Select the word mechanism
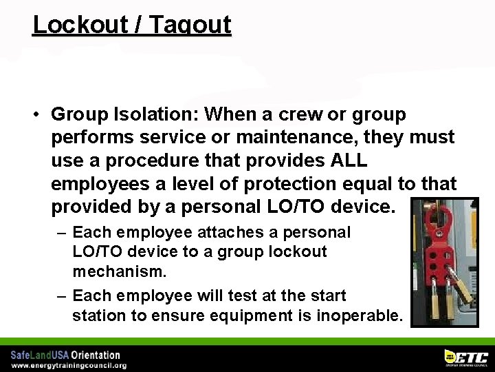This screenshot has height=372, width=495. pos(119,271)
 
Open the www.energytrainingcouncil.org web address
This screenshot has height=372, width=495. pos(68,365)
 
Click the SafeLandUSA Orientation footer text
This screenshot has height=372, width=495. pos(65,355)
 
